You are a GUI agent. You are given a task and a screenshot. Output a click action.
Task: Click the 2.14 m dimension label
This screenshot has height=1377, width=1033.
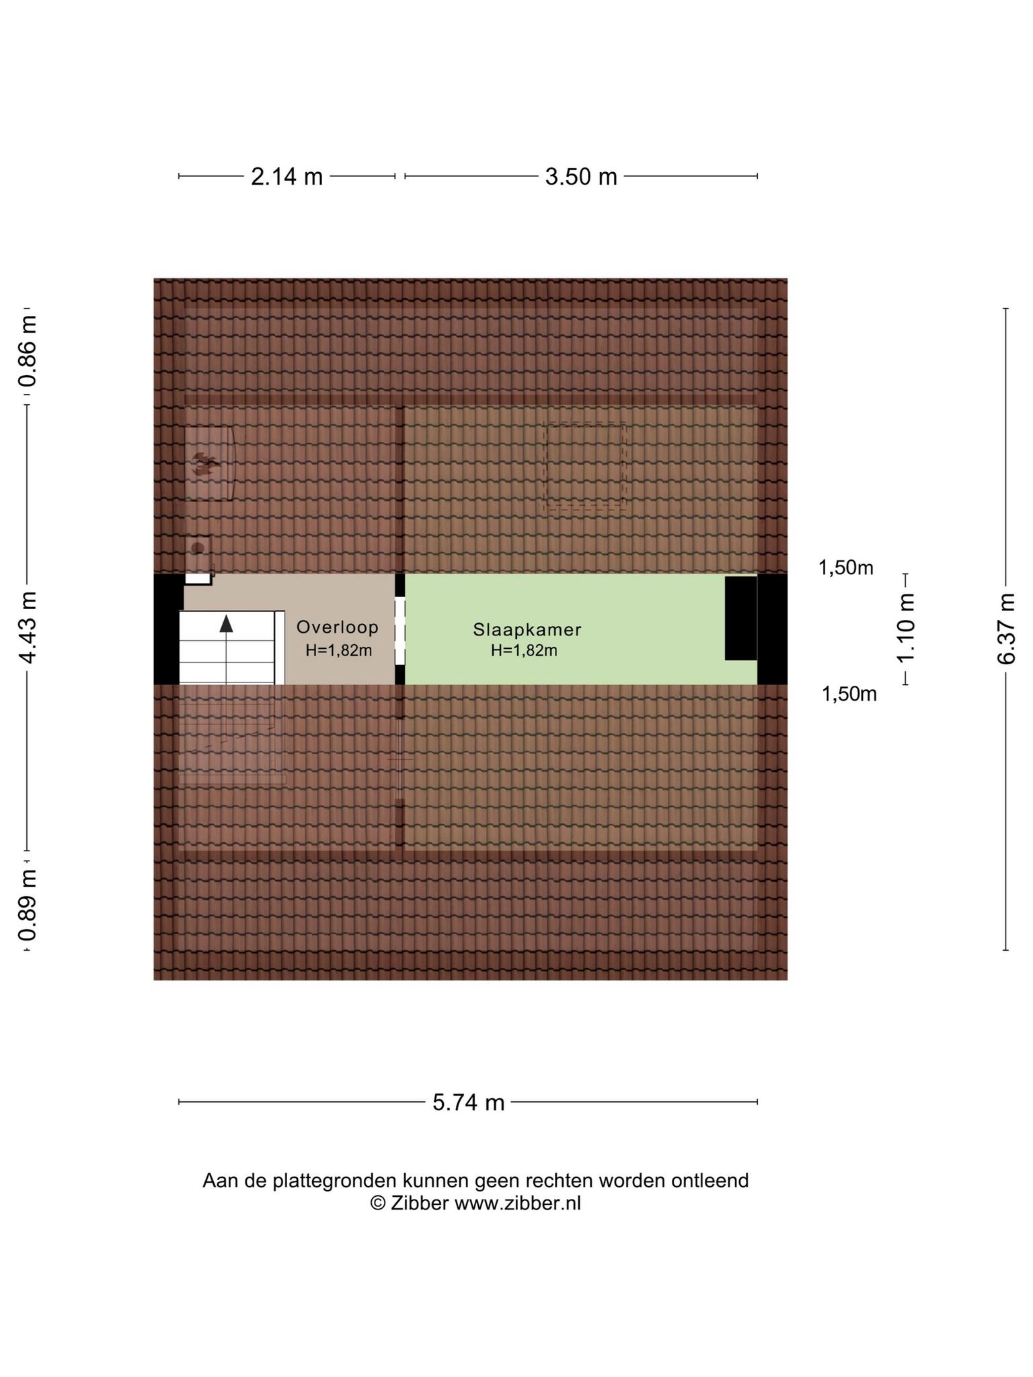tap(286, 177)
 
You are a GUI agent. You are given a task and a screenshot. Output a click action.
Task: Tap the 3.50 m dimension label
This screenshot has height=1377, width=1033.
tap(581, 177)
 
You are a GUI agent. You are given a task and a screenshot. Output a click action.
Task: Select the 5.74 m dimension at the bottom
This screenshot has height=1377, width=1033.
tap(468, 1103)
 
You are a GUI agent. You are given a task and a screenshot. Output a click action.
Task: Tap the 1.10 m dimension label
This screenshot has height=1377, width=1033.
tap(906, 628)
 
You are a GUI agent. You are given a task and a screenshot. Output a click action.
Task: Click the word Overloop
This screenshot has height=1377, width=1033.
tap(338, 627)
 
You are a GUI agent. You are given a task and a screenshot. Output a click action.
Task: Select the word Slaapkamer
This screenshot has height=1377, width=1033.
tap(527, 630)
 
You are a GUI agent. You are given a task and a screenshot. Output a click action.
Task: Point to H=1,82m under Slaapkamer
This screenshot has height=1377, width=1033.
tap(524, 651)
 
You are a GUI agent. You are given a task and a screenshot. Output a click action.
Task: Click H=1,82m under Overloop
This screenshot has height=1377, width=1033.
tap(338, 651)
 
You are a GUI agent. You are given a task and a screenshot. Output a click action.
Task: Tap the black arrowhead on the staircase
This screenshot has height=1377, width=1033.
tap(227, 623)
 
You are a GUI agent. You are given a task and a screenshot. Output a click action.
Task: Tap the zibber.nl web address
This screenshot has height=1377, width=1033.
tap(518, 1204)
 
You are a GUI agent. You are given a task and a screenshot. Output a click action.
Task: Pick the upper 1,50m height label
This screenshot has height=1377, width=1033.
tap(845, 568)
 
